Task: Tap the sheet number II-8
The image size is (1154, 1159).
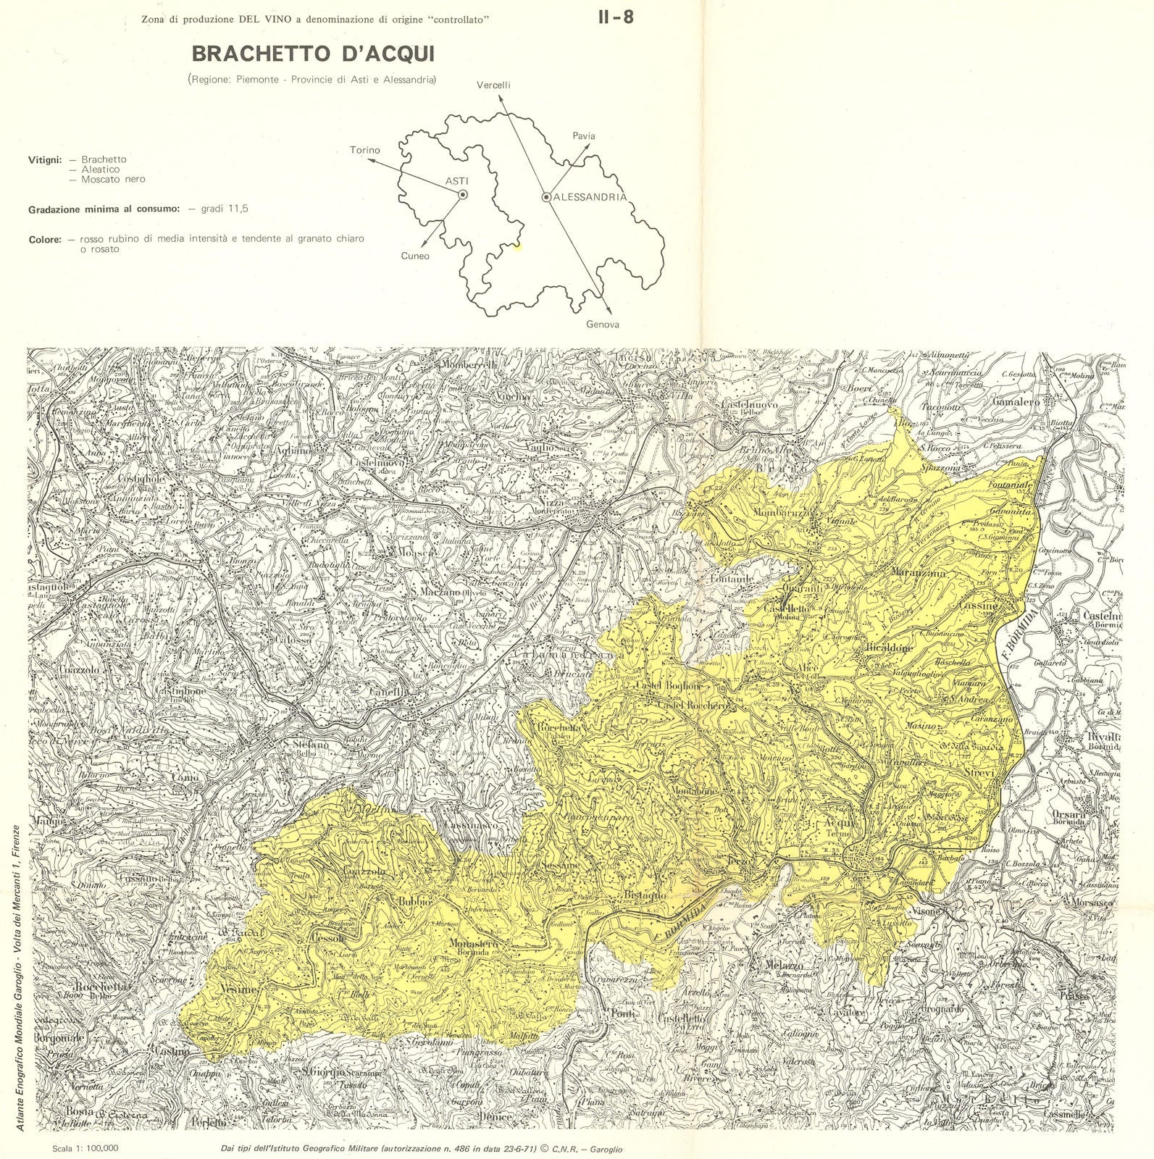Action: pos(615,17)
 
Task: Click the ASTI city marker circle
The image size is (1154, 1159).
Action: pos(462,194)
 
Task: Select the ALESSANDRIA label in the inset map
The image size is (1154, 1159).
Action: pos(590,197)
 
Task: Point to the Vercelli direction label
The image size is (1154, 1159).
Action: pos(493,85)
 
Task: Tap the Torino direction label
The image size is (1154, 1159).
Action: pos(364,150)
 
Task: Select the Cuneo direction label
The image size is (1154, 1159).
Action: pos(415,256)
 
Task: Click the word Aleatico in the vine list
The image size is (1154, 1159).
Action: pos(101,169)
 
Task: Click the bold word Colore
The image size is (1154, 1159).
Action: pos(45,239)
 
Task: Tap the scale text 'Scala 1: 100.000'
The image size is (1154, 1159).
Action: pos(85,1148)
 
